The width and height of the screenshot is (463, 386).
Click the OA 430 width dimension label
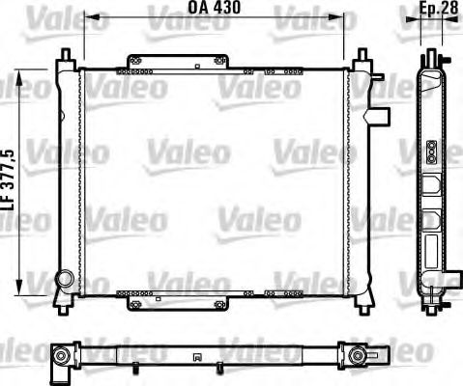click(x=214, y=8)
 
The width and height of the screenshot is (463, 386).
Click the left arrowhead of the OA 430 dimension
click(x=86, y=16)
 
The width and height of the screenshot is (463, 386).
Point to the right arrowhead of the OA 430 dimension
click(x=341, y=16)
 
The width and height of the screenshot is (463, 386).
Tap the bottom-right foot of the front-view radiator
click(x=365, y=304)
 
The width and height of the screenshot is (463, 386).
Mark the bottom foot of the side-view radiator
click(x=428, y=305)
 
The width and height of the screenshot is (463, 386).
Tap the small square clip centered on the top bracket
click(x=196, y=68)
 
